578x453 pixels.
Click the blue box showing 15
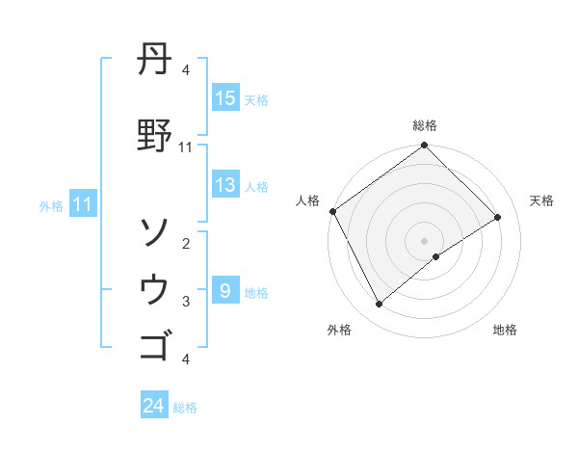pyautogui.click(x=225, y=98)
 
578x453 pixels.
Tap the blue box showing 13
pyautogui.click(x=225, y=186)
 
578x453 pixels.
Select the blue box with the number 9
pyautogui.click(x=224, y=291)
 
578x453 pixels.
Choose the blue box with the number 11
pyautogui.click(x=82, y=204)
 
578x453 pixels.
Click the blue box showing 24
pyautogui.click(x=154, y=407)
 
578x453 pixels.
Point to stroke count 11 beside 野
pyautogui.click(x=186, y=147)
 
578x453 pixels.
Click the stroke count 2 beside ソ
pyautogui.click(x=186, y=244)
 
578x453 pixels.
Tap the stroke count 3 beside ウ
pyautogui.click(x=186, y=302)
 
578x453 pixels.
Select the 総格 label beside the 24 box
pyautogui.click(x=186, y=408)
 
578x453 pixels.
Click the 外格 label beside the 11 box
pyautogui.click(x=51, y=205)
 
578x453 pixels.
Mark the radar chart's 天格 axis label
pyautogui.click(x=541, y=200)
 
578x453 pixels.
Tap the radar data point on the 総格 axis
pyautogui.click(x=424, y=146)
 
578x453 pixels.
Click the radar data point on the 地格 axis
pyautogui.click(x=436, y=256)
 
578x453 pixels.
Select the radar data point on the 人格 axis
pyautogui.click(x=332, y=211)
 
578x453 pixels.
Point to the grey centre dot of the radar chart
pyautogui.click(x=424, y=240)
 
